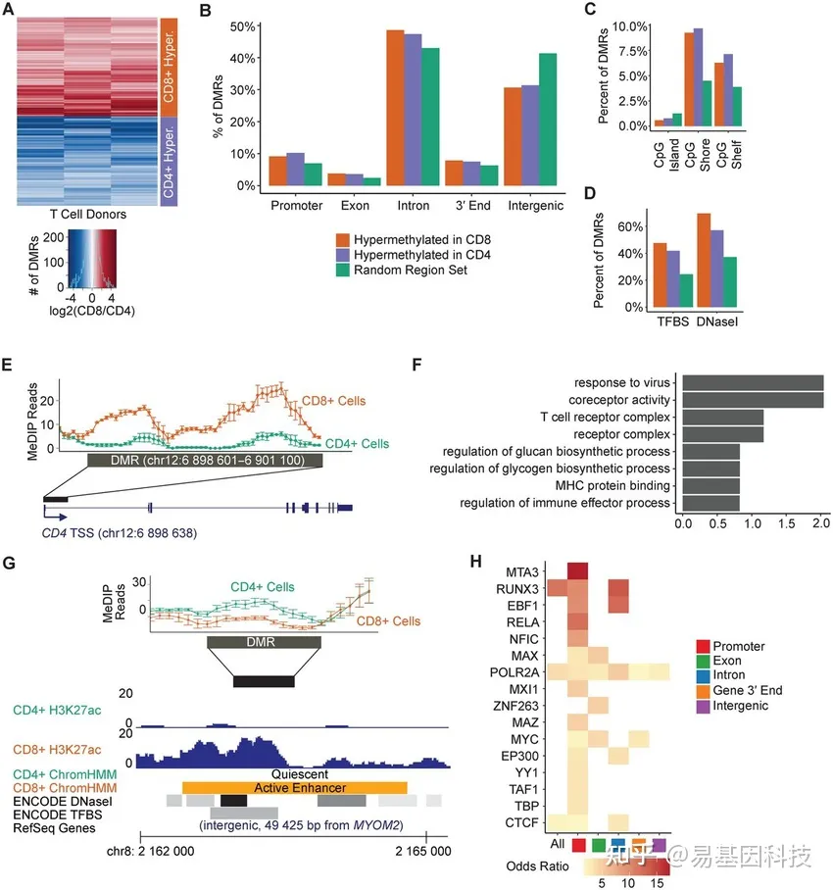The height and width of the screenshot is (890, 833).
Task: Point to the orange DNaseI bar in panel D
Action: click(x=704, y=249)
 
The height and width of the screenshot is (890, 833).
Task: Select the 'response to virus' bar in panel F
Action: click(x=753, y=382)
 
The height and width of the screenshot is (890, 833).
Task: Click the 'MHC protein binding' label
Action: click(x=607, y=485)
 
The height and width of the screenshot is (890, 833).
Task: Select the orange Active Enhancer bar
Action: click(x=295, y=787)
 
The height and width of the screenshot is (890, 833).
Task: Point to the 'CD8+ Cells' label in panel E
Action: click(x=347, y=401)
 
